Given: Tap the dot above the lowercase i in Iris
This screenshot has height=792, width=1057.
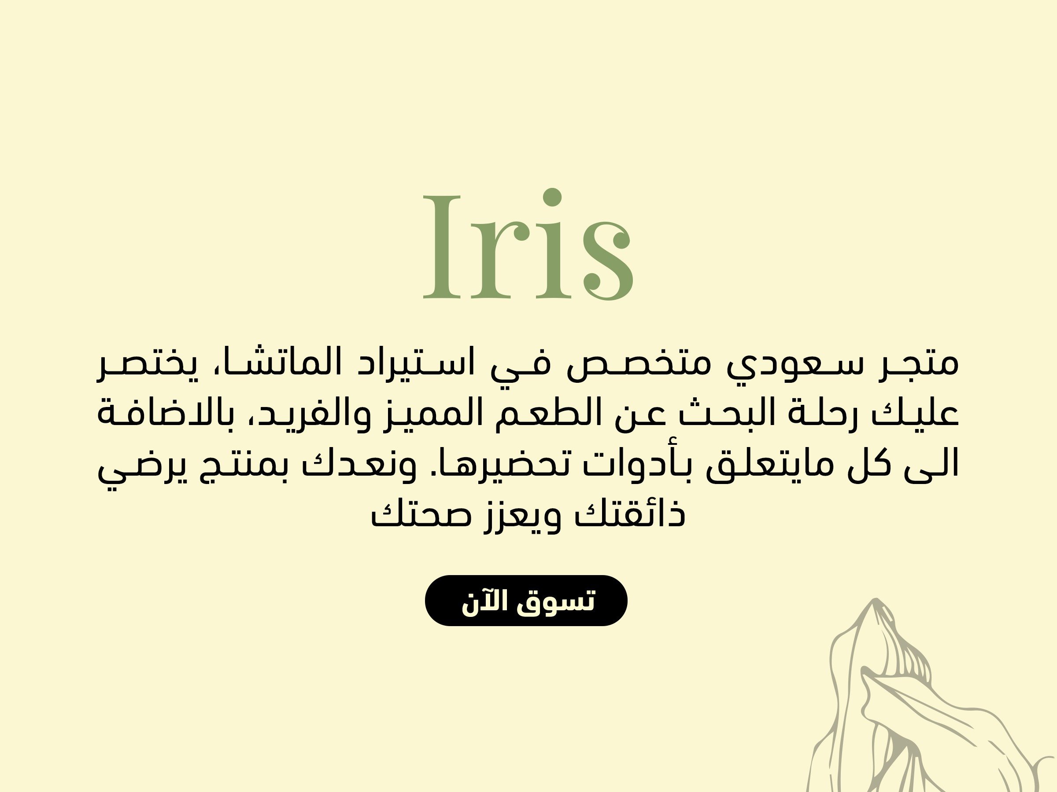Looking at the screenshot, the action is tap(552, 198).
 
